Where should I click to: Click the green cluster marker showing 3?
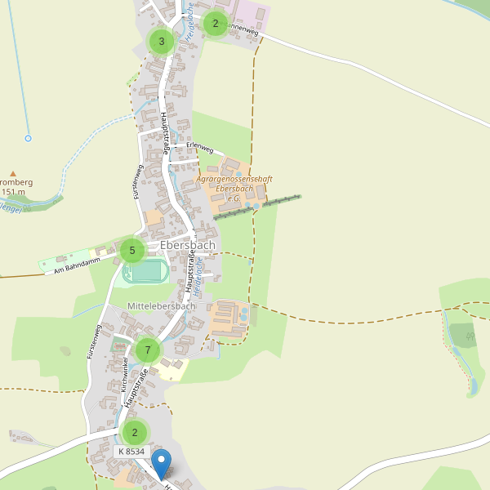pyautogui.click(x=162, y=41)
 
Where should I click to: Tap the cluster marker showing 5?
pyautogui.click(x=132, y=251)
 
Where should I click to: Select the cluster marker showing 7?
pyautogui.click(x=148, y=351)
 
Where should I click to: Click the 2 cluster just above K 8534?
pyautogui.click(x=135, y=432)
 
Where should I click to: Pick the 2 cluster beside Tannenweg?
pyautogui.click(x=215, y=24)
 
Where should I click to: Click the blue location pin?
pyautogui.click(x=162, y=464)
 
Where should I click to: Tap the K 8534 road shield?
pyautogui.click(x=131, y=452)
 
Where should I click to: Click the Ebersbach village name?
pyautogui.click(x=188, y=245)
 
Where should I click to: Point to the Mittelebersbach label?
pyautogui.click(x=162, y=305)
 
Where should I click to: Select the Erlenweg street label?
pyautogui.click(x=200, y=149)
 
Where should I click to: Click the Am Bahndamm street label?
pyautogui.click(x=75, y=265)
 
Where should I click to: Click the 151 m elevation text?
pyautogui.click(x=13, y=193)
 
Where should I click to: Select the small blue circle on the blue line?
pyautogui.click(x=28, y=138)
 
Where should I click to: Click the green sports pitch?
pyautogui.click(x=147, y=271)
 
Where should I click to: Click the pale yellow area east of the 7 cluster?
pyautogui.click(x=173, y=369)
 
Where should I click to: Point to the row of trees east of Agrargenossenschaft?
pyautogui.click(x=257, y=207)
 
